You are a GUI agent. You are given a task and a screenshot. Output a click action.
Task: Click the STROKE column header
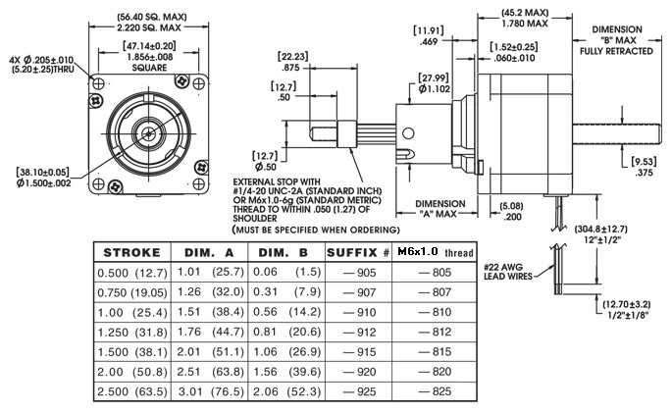point(132,253)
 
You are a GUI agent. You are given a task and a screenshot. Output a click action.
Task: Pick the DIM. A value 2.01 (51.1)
point(209,351)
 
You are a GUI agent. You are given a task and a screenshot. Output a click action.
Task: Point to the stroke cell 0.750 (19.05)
point(132,291)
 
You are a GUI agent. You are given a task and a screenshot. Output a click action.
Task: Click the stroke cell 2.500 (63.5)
point(132,391)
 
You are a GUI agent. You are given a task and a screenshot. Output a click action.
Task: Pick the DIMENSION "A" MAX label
point(434,209)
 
